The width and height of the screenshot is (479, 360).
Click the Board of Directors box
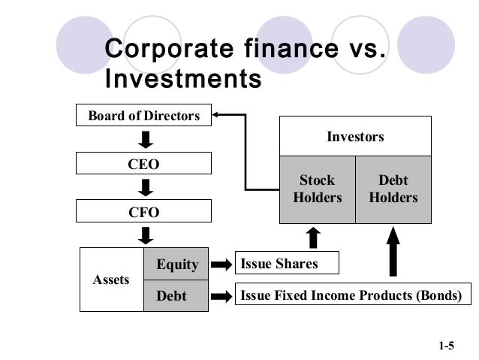(x=144, y=116)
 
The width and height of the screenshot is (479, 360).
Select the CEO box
(x=144, y=164)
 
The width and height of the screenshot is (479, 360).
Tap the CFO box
(x=144, y=212)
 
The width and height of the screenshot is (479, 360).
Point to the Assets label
(x=110, y=280)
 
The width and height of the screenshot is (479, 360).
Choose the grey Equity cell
(x=177, y=264)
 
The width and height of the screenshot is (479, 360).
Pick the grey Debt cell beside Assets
(x=177, y=295)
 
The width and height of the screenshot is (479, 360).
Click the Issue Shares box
(x=287, y=263)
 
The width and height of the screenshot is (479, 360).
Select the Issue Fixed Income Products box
(x=350, y=295)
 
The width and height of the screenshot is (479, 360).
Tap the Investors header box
(x=355, y=137)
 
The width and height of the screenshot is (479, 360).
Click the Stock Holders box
(x=317, y=189)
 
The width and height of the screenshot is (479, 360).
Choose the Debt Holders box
(x=393, y=189)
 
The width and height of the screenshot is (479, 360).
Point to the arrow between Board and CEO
(x=147, y=140)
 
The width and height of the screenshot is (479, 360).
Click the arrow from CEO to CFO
(x=147, y=188)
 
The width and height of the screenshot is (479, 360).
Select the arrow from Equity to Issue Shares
(x=221, y=264)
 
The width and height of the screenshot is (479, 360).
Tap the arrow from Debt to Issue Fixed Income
(x=221, y=296)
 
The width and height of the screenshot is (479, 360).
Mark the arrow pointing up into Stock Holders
(x=313, y=237)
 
